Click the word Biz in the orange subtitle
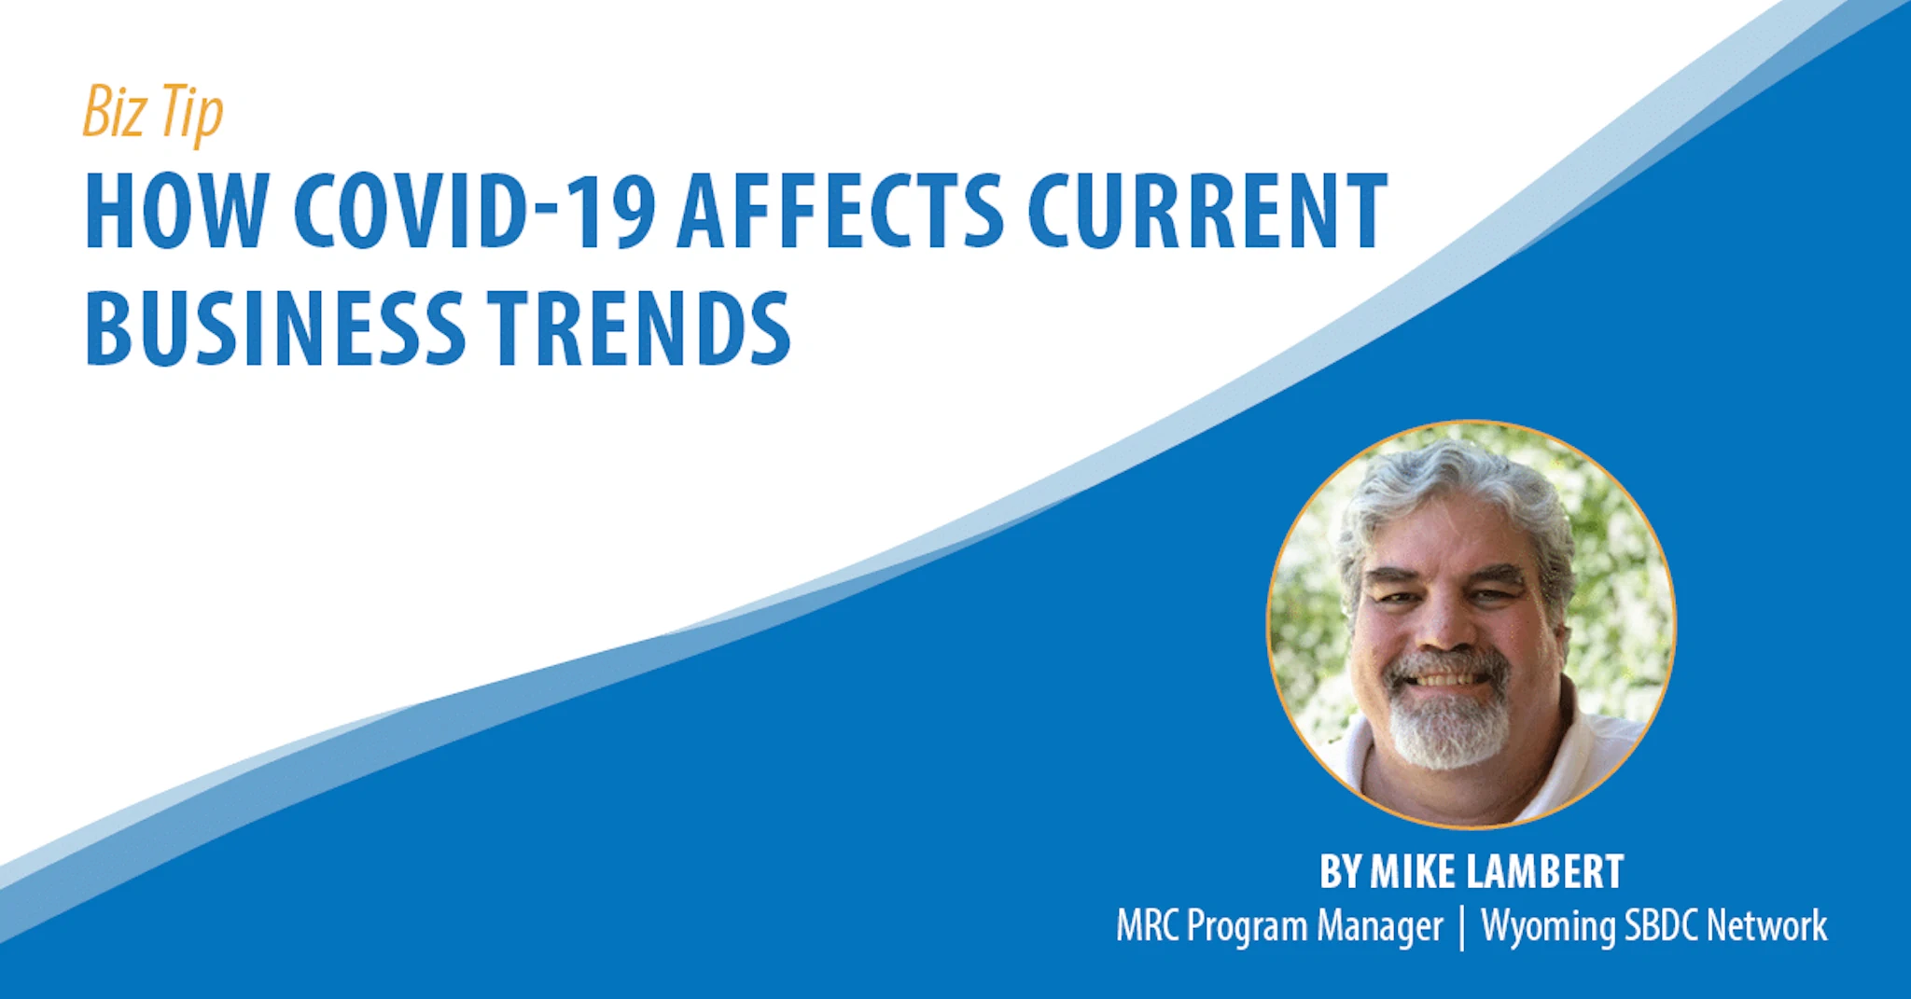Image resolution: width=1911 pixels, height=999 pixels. pos(115,112)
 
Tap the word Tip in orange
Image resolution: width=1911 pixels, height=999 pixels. pos(192,114)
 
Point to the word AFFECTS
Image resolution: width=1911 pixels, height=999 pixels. pos(841,212)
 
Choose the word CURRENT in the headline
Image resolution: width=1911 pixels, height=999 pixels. pos(1207,212)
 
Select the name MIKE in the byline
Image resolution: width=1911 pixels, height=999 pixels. pos(1413,872)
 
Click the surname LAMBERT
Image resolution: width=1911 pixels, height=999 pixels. pos(1545,872)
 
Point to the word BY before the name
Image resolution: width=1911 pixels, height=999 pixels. pos(1341,872)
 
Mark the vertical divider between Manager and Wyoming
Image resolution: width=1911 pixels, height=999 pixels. pos(1462,927)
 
